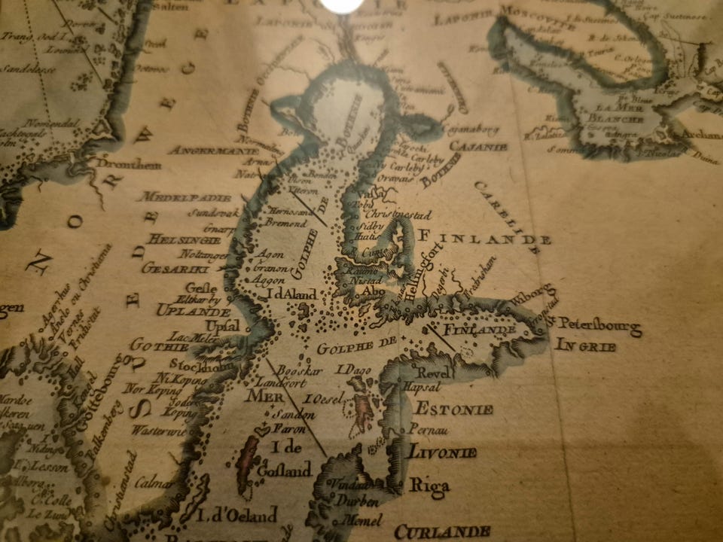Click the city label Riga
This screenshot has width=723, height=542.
[x=429, y=486]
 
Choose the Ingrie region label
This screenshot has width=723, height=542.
[x=585, y=346]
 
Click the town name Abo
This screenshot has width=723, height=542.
[x=373, y=291]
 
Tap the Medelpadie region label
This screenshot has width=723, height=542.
[x=184, y=197]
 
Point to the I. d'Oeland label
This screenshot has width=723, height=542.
[x=236, y=516]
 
